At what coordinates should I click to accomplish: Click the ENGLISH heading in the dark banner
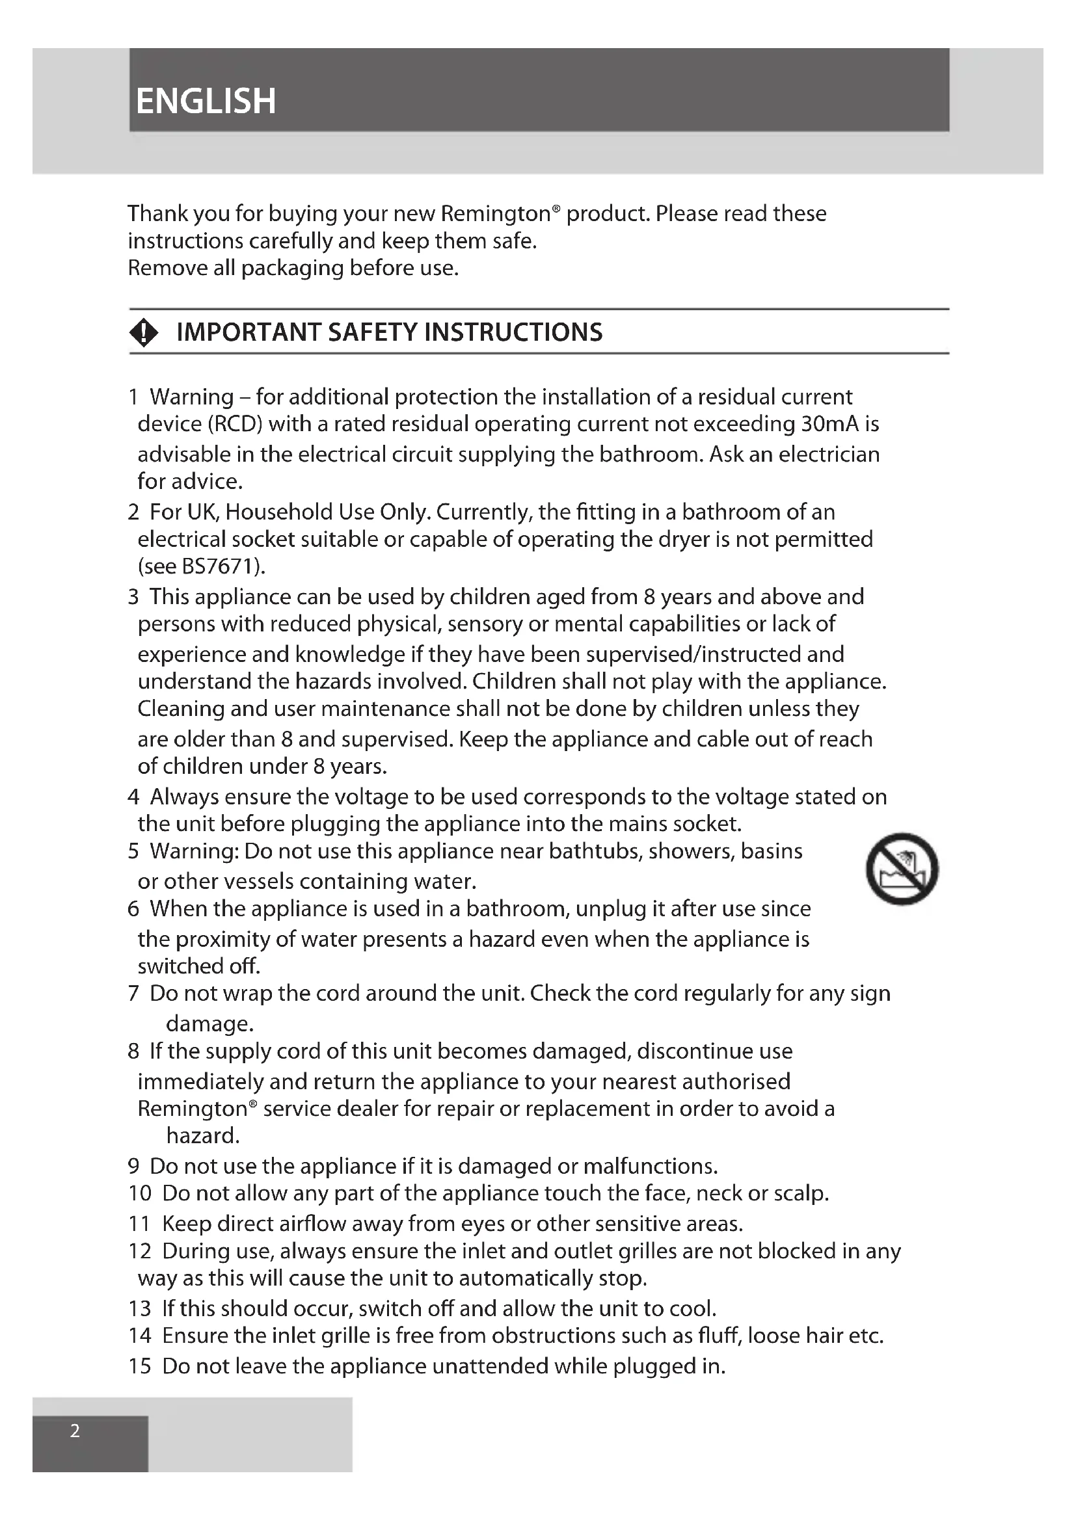click(x=206, y=101)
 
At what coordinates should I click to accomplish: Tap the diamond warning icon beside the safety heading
click(x=144, y=332)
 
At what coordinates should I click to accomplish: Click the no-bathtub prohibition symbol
click(x=902, y=869)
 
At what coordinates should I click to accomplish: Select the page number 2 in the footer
click(x=75, y=1431)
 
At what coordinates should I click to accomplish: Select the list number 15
click(x=140, y=1366)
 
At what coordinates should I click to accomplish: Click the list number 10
click(x=140, y=1193)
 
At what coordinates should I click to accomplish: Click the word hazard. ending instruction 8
click(x=203, y=1136)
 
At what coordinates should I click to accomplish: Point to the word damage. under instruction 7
click(x=210, y=1024)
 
